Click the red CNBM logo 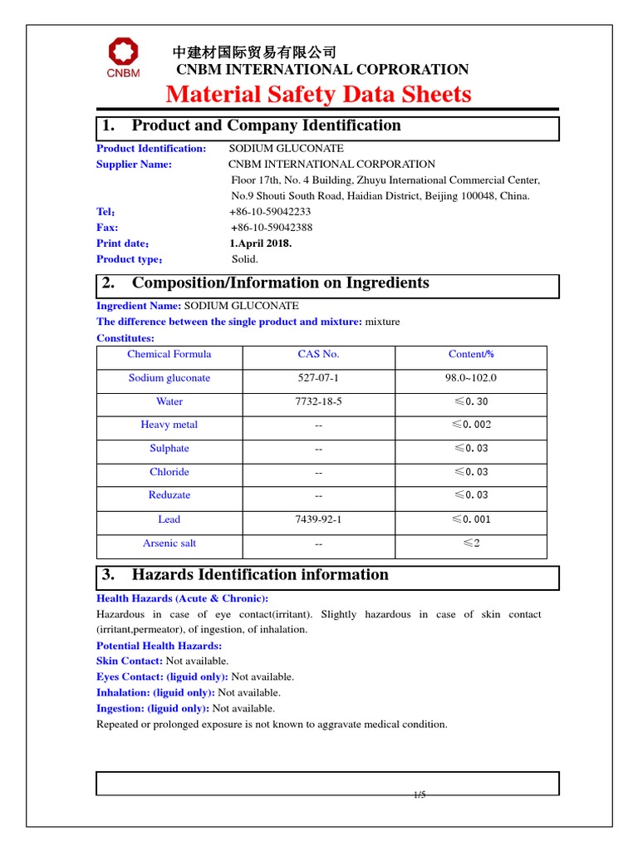pyautogui.click(x=122, y=57)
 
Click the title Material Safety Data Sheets pyautogui.click(x=318, y=94)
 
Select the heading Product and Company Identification pyautogui.click(x=266, y=126)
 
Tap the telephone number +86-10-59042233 pyautogui.click(x=270, y=212)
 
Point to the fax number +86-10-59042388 pyautogui.click(x=271, y=228)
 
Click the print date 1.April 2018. pyautogui.click(x=260, y=243)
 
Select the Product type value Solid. pyautogui.click(x=244, y=259)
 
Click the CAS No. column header pyautogui.click(x=318, y=354)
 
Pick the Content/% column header pyautogui.click(x=471, y=354)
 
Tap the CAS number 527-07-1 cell pyautogui.click(x=318, y=378)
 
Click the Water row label pyautogui.click(x=169, y=401)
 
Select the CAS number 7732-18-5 pyautogui.click(x=318, y=401)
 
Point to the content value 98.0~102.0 pyautogui.click(x=471, y=378)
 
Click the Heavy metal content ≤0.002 pyautogui.click(x=471, y=425)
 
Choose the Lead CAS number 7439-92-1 pyautogui.click(x=318, y=519)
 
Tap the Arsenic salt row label pyautogui.click(x=169, y=544)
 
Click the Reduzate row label pyautogui.click(x=169, y=495)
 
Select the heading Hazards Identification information pyautogui.click(x=260, y=575)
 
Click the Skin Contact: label pyautogui.click(x=130, y=661)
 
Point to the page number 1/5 pyautogui.click(x=420, y=795)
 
